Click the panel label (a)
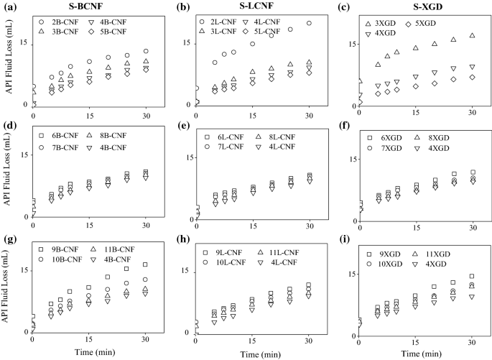click(9, 8)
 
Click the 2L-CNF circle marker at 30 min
click(309, 23)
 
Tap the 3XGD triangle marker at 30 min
click(472, 35)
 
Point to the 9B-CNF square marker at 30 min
click(145, 264)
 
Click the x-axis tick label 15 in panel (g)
click(89, 338)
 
